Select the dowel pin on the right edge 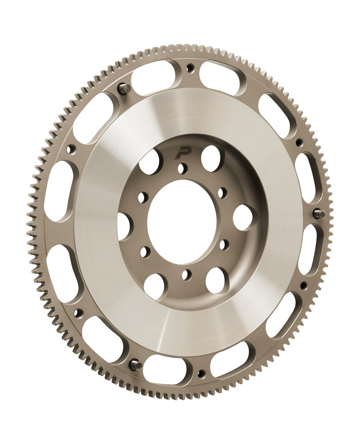click(321, 214)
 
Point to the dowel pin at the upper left click(126, 88)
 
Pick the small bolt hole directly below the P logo click(182, 168)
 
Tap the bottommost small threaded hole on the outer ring click(202, 373)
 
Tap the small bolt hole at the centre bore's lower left click(145, 252)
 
